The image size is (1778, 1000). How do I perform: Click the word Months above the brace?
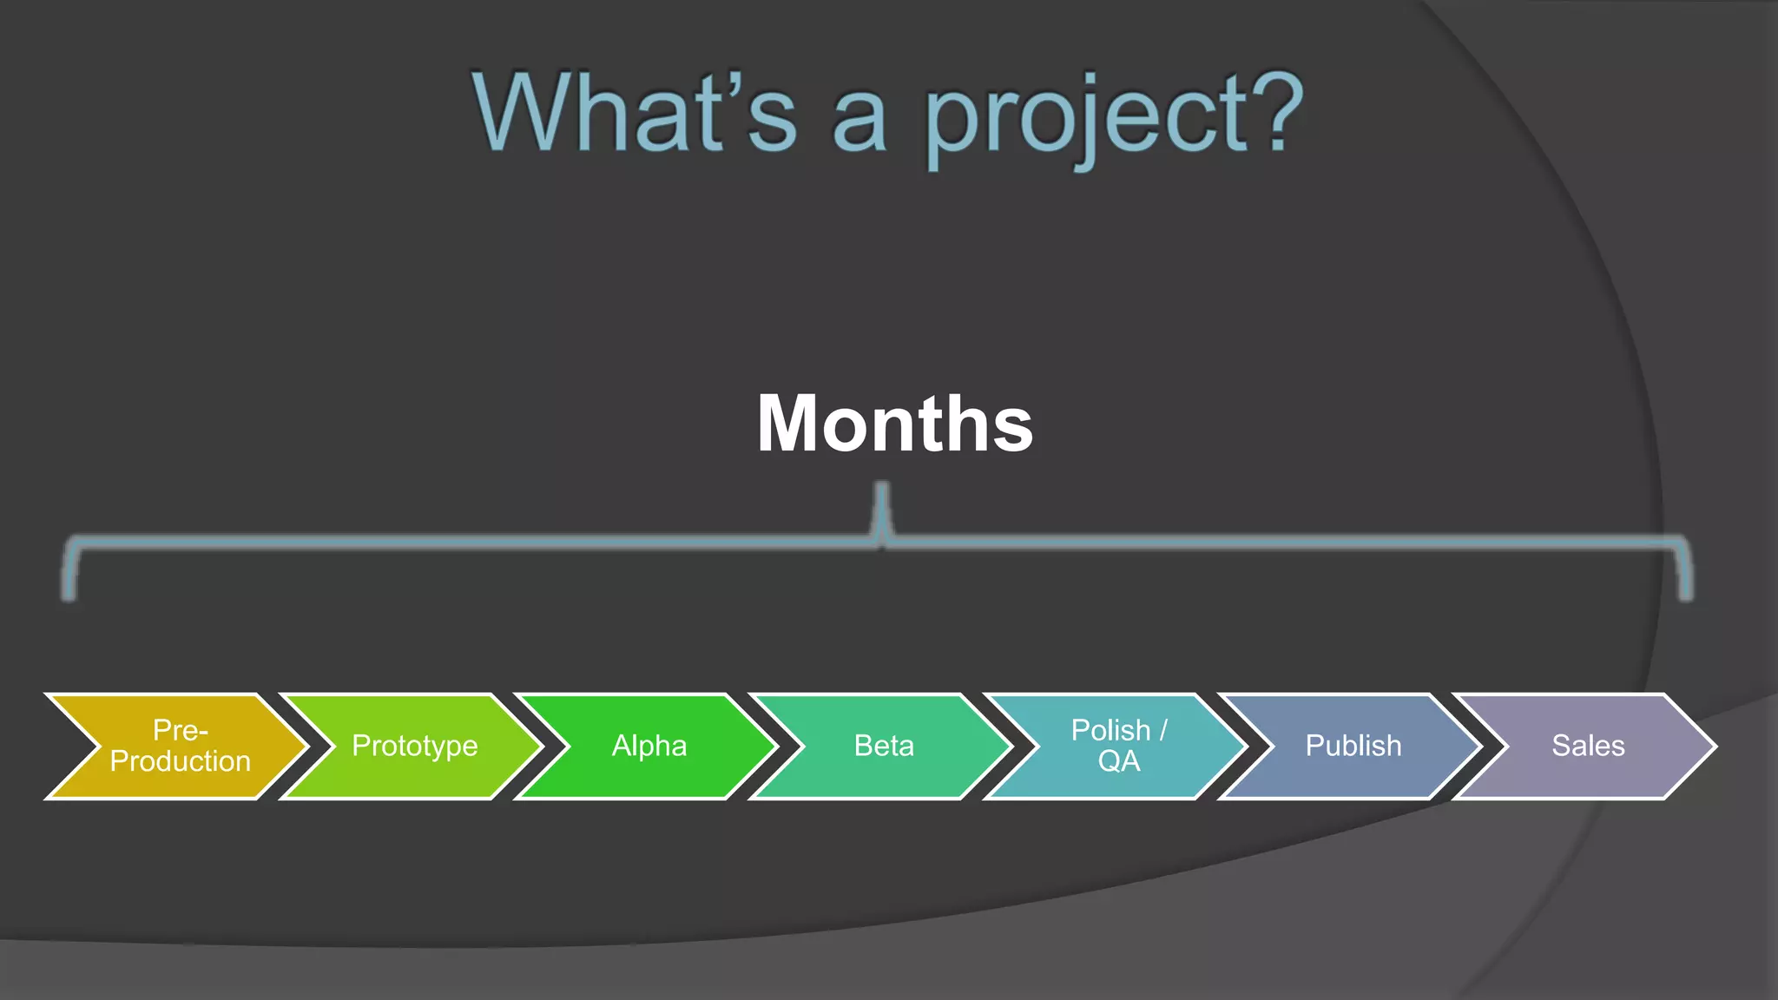[x=894, y=424]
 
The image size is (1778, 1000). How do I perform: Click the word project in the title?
[x=1077, y=117]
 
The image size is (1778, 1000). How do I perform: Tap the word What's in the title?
[x=634, y=113]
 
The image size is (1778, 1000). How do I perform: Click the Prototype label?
[x=414, y=746]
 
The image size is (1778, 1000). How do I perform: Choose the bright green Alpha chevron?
[x=649, y=746]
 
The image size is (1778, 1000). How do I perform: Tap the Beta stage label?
[x=884, y=746]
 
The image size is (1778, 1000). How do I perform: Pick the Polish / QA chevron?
[x=1118, y=746]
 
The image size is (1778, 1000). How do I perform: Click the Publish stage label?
[x=1353, y=746]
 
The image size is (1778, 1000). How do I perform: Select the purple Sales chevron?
[x=1588, y=746]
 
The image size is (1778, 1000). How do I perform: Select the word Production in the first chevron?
[x=181, y=761]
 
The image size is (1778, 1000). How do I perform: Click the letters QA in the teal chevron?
[x=1118, y=761]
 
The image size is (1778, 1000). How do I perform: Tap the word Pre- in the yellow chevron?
[x=181, y=730]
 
